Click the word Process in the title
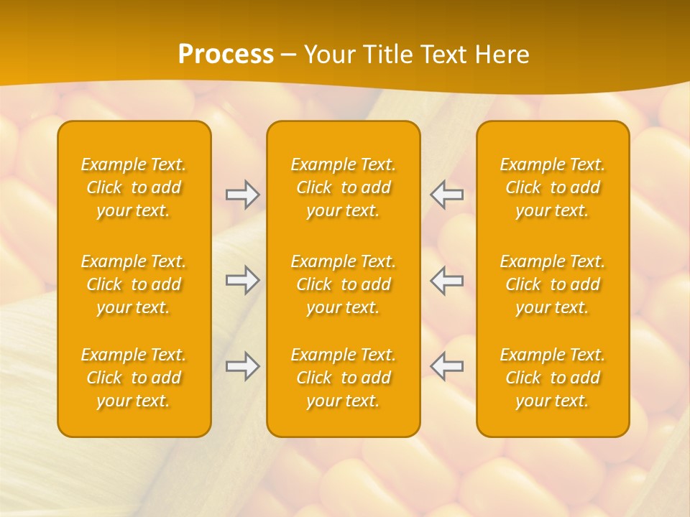(x=226, y=55)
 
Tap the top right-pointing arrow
(x=243, y=195)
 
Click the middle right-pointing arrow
(x=243, y=280)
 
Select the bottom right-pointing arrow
(x=243, y=366)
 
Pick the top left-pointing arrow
(x=446, y=195)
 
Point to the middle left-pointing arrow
(x=446, y=280)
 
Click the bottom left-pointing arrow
(x=446, y=366)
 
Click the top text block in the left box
(x=134, y=187)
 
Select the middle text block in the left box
(x=134, y=284)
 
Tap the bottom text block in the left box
(x=134, y=378)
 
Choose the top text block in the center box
(x=343, y=187)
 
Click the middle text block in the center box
(x=343, y=284)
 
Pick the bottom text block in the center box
(x=343, y=378)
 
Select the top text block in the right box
(x=552, y=187)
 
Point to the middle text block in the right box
(x=552, y=284)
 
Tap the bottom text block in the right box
(x=552, y=378)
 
